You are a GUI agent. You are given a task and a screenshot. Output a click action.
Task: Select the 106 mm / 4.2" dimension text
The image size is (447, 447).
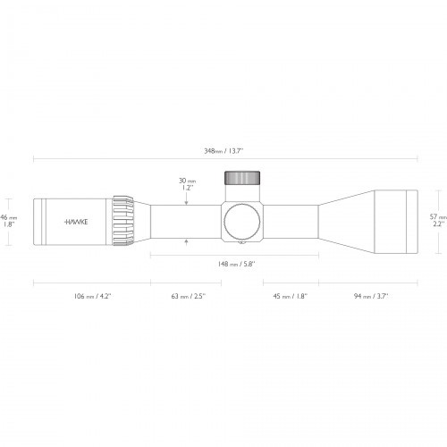click(x=90, y=294)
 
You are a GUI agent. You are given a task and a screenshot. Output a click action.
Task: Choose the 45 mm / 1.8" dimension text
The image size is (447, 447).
click(x=288, y=294)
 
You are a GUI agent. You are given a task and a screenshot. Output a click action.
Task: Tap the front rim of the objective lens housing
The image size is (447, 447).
click(x=414, y=219)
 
